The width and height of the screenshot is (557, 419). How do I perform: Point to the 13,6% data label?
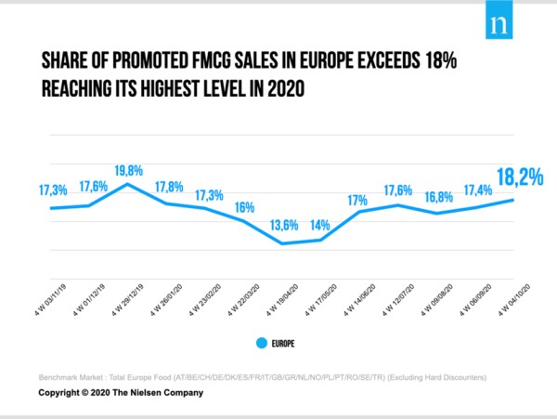click(x=282, y=224)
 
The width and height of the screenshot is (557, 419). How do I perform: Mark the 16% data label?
click(x=244, y=207)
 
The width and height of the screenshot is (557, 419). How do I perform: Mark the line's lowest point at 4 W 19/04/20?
click(x=282, y=243)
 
